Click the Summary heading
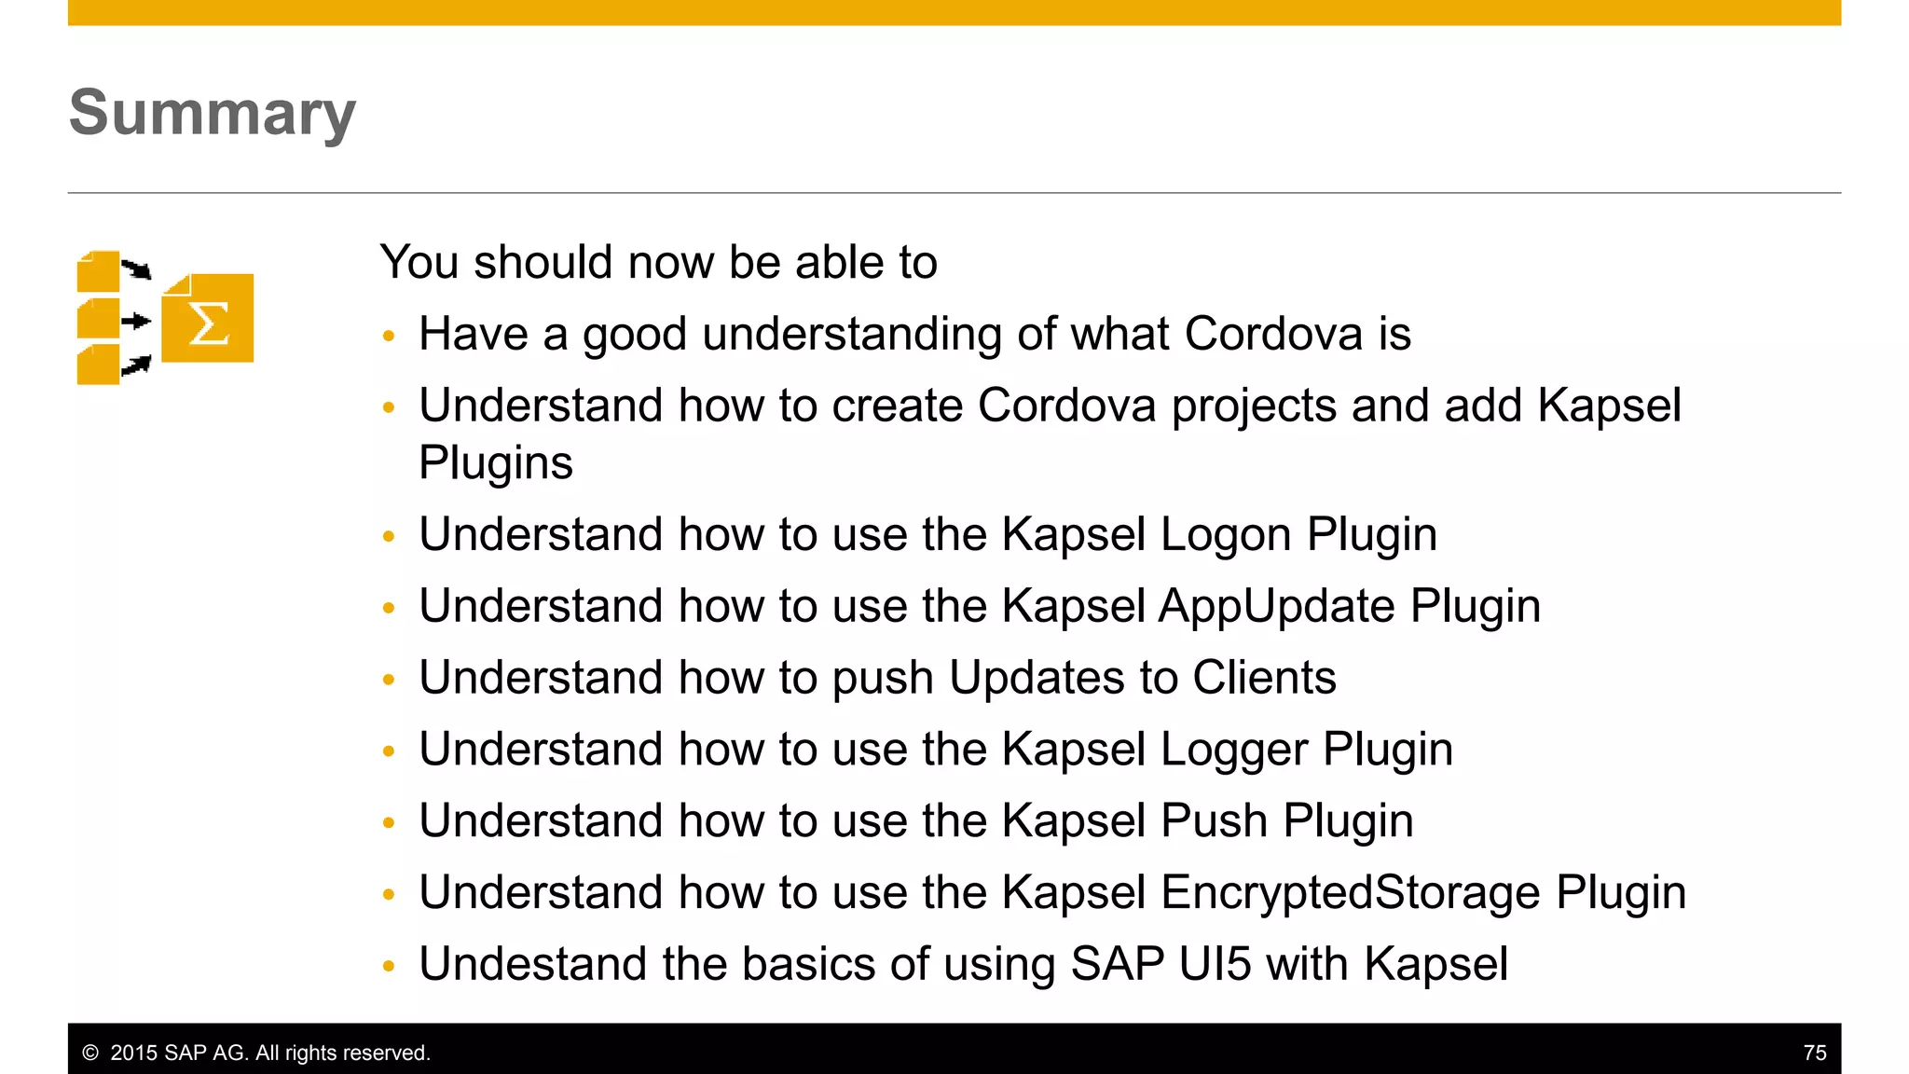point(213,113)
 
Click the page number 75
point(1814,1053)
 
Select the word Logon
point(1225,535)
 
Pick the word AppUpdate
point(1276,607)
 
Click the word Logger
point(1233,750)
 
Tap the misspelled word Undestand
point(532,964)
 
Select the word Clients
point(1264,678)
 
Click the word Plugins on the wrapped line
point(496,463)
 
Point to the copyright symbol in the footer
point(90,1053)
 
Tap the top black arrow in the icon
point(137,269)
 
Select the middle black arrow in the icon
point(136,322)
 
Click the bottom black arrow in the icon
point(137,365)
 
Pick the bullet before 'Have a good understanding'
point(389,336)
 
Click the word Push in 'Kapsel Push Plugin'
point(1214,821)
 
